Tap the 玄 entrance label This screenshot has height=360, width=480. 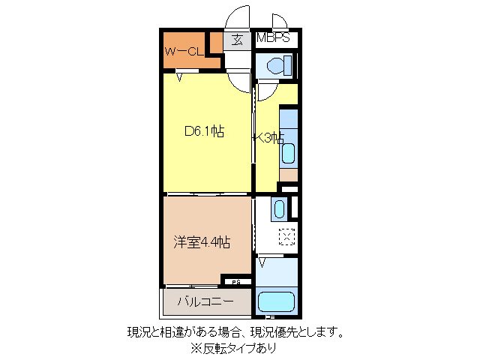(236, 40)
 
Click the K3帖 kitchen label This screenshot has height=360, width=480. (268, 137)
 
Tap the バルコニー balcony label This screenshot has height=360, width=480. (205, 303)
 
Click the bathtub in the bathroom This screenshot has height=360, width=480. (277, 304)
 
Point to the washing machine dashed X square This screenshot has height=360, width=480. (287, 238)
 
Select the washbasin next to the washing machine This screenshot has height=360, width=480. (278, 208)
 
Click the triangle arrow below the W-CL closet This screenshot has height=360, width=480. (180, 76)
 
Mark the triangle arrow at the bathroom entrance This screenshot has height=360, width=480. (263, 262)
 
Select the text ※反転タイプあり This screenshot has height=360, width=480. (232, 348)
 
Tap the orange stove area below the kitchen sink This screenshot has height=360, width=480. (288, 175)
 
